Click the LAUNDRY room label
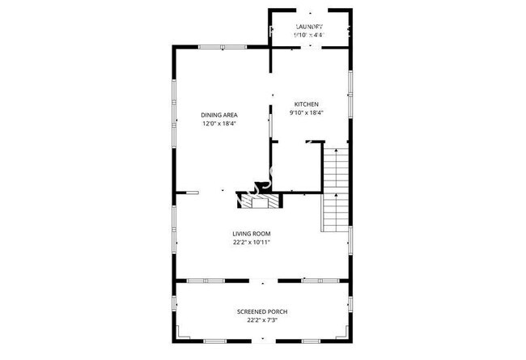[309, 26]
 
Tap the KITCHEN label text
[306, 104]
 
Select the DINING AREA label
[218, 115]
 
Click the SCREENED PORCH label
[262, 311]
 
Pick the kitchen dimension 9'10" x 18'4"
[306, 113]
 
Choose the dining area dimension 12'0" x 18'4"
[218, 124]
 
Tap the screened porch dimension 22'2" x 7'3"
[262, 320]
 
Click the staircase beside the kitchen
[335, 189]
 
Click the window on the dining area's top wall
[212, 47]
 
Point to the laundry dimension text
[309, 35]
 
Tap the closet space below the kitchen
[295, 167]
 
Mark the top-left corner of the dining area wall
[175, 47]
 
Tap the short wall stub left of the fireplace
[193, 192]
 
